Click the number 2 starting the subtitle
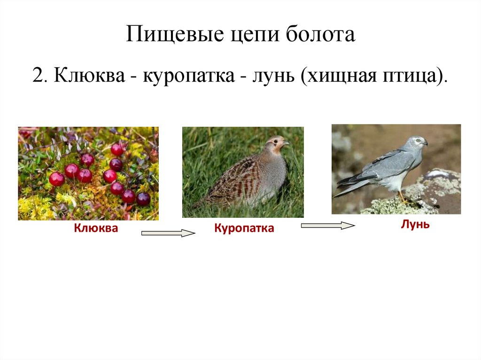pos(38,75)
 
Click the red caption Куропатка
pos(244,229)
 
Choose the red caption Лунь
pos(415,224)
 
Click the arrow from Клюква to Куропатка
pos(168,233)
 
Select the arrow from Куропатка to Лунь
pos(327,226)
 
